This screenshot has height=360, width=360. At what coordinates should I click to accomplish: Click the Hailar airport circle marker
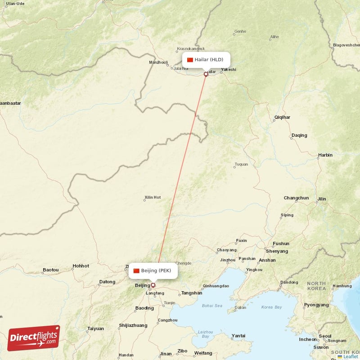click(206, 74)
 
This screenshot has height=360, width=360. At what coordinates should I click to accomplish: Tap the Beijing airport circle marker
click(153, 285)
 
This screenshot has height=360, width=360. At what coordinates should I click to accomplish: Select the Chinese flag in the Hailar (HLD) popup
click(190, 60)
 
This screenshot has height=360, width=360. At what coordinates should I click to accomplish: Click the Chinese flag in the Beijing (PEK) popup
click(136, 270)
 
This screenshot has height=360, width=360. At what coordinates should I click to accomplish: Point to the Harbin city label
click(325, 155)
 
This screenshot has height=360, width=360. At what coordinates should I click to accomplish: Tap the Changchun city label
click(296, 198)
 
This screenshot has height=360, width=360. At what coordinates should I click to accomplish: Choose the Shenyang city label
click(277, 251)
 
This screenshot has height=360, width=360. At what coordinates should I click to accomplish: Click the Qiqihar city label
click(282, 117)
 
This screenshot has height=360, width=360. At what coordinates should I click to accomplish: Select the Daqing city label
click(299, 135)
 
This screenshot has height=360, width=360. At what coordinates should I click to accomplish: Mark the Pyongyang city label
click(316, 305)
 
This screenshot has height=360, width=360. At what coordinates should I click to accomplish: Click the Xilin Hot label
click(152, 198)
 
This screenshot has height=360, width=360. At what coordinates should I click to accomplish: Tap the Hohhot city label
click(81, 266)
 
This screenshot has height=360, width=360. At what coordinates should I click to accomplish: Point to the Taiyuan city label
click(95, 328)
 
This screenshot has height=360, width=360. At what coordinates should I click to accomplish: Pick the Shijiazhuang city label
click(133, 325)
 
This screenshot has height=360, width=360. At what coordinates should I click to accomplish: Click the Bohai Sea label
click(212, 306)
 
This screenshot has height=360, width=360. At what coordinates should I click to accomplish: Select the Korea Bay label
click(271, 307)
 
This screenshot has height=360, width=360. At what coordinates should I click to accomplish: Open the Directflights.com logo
click(33, 338)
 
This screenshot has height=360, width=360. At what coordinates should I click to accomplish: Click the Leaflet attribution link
click(350, 356)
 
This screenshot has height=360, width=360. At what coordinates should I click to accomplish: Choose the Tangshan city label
click(191, 293)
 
